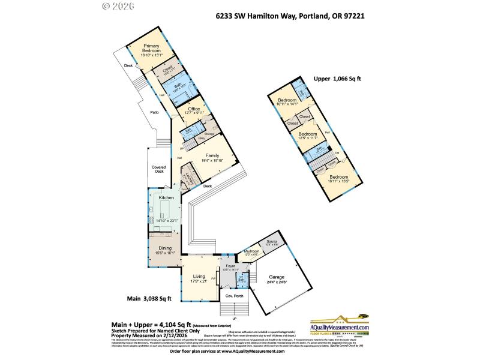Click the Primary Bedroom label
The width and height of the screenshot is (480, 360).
pyautogui.click(x=151, y=48)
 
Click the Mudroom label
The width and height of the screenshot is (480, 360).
pyautogui.click(x=251, y=251)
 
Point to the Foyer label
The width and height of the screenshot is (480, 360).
pyautogui.click(x=230, y=265)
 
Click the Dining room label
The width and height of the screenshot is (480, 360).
pyautogui.click(x=165, y=248)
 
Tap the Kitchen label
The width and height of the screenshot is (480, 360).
pyautogui.click(x=166, y=197)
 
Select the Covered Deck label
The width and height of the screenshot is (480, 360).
pyautogui.click(x=158, y=169)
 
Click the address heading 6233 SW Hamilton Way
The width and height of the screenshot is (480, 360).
pyautogui.click(x=290, y=17)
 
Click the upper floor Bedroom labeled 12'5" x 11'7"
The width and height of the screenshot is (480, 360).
pyautogui.click(x=307, y=134)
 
